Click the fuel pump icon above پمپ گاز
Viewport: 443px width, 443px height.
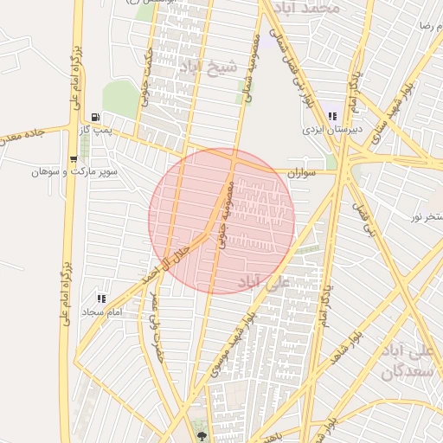click(95, 116)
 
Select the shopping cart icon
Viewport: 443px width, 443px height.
click(73, 159)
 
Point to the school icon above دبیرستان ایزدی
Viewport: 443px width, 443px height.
click(332, 116)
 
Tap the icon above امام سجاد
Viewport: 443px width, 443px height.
click(102, 299)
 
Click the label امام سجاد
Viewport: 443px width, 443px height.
click(102, 311)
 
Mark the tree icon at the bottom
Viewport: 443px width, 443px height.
click(202, 435)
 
